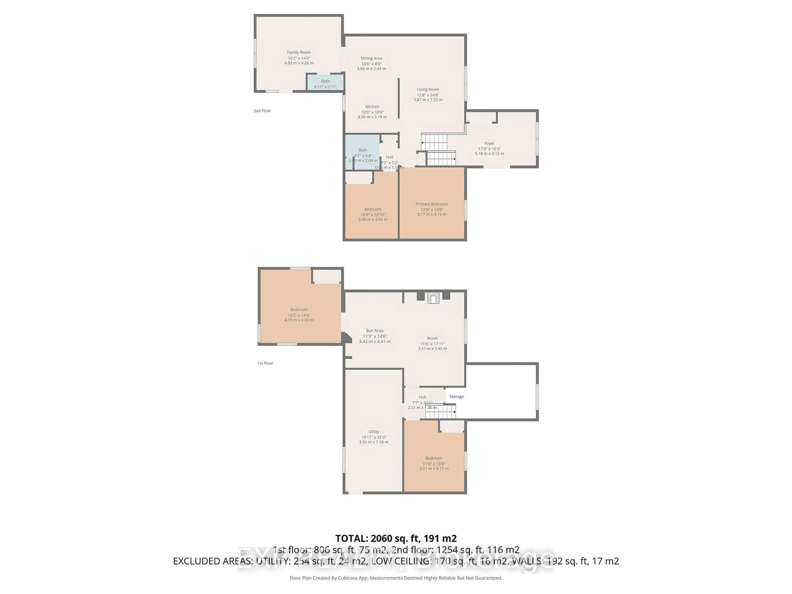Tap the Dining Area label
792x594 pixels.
(371, 58)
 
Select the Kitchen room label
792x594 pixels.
(372, 107)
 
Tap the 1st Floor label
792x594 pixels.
(265, 363)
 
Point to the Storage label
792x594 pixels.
(456, 397)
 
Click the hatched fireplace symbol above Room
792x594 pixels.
(434, 298)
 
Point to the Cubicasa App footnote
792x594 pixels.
(396, 578)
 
